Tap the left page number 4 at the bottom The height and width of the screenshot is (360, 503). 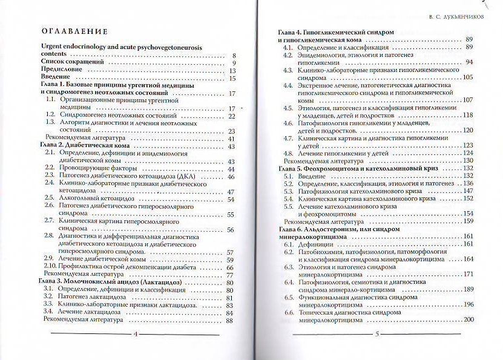[136, 335]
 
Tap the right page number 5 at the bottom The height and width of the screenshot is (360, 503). [376, 334]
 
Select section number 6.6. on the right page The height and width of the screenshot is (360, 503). [289, 312]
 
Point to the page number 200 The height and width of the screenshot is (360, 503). [467, 319]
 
